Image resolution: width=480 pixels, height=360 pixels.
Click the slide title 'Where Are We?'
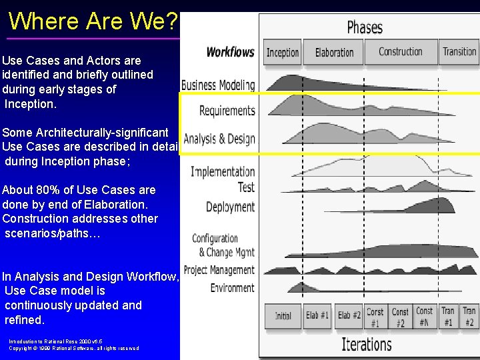(x=93, y=21)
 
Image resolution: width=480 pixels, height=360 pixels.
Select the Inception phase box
(x=283, y=52)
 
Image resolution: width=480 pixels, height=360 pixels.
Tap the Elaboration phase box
(x=334, y=52)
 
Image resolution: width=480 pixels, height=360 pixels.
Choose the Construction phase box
(x=400, y=52)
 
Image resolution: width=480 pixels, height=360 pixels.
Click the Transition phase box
(x=459, y=52)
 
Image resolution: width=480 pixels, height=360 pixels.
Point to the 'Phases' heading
(x=365, y=27)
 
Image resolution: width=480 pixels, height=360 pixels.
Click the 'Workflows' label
(x=230, y=52)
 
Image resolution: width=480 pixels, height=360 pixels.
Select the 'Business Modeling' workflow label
(x=218, y=85)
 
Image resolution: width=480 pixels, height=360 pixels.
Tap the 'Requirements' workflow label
(x=227, y=111)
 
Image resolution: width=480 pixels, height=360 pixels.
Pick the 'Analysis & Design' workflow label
(x=219, y=139)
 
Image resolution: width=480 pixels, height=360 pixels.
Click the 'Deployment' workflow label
(x=230, y=207)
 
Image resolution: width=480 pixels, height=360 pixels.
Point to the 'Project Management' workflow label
(x=219, y=270)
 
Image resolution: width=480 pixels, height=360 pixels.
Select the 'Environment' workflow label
(x=232, y=288)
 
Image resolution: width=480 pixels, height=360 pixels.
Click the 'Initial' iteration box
(x=283, y=315)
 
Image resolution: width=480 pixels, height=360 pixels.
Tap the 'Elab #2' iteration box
(x=349, y=315)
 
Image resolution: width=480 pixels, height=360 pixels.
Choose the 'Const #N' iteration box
(x=424, y=316)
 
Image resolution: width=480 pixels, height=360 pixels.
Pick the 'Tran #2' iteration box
(x=469, y=316)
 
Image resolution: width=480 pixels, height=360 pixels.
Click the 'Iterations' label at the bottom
(x=366, y=344)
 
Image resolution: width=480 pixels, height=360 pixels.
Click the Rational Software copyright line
(x=73, y=348)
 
